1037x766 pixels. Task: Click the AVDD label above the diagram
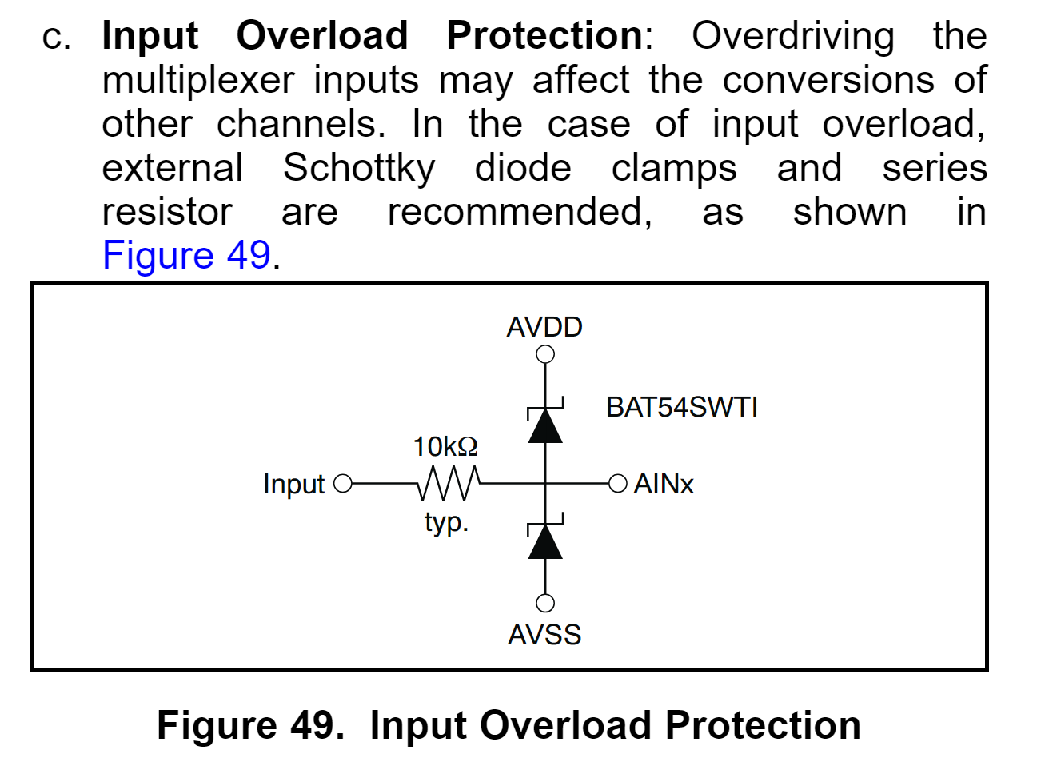coord(544,327)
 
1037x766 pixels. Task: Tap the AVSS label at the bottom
coord(544,635)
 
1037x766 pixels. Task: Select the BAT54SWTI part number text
coord(681,407)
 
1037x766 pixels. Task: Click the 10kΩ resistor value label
coord(445,446)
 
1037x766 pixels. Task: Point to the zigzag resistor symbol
coord(449,483)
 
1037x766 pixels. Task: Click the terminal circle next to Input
coord(343,483)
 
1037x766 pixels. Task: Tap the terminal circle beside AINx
coord(617,483)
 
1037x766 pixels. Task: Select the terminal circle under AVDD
coord(545,354)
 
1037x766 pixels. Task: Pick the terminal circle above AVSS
coord(545,603)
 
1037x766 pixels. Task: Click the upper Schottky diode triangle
coord(545,426)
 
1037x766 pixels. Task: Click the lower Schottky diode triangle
coord(545,542)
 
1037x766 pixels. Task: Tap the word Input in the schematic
coord(293,485)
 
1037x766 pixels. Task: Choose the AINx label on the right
coord(664,484)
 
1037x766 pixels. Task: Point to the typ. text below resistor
coord(446,523)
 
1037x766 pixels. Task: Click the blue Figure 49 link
coord(186,255)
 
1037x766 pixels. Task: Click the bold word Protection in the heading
coord(544,35)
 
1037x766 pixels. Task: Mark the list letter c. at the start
coord(56,37)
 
